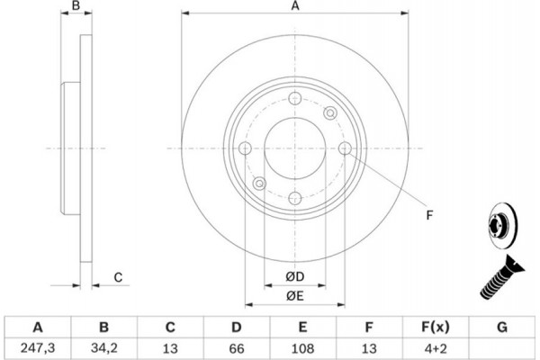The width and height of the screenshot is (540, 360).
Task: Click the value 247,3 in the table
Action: coord(38,346)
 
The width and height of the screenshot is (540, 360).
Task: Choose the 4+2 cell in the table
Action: coord(436,346)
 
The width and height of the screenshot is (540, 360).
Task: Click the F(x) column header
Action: coord(436,327)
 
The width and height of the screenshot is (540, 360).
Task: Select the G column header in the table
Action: coord(501,327)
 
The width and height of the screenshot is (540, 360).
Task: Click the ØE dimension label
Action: coord(294,296)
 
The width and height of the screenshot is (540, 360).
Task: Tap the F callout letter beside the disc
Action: coord(429,215)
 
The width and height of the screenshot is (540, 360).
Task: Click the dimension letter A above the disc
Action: coord(294,6)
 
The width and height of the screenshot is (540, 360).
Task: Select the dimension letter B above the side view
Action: coord(76,6)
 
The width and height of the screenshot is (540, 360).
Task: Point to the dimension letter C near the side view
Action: coord(118,277)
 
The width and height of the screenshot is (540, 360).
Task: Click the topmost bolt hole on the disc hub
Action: coord(294,100)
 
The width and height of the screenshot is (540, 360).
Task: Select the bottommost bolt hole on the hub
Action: coord(294,197)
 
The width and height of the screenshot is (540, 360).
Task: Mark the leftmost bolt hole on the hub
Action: coord(245,148)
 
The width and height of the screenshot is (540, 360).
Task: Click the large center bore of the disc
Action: coord(294,148)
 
